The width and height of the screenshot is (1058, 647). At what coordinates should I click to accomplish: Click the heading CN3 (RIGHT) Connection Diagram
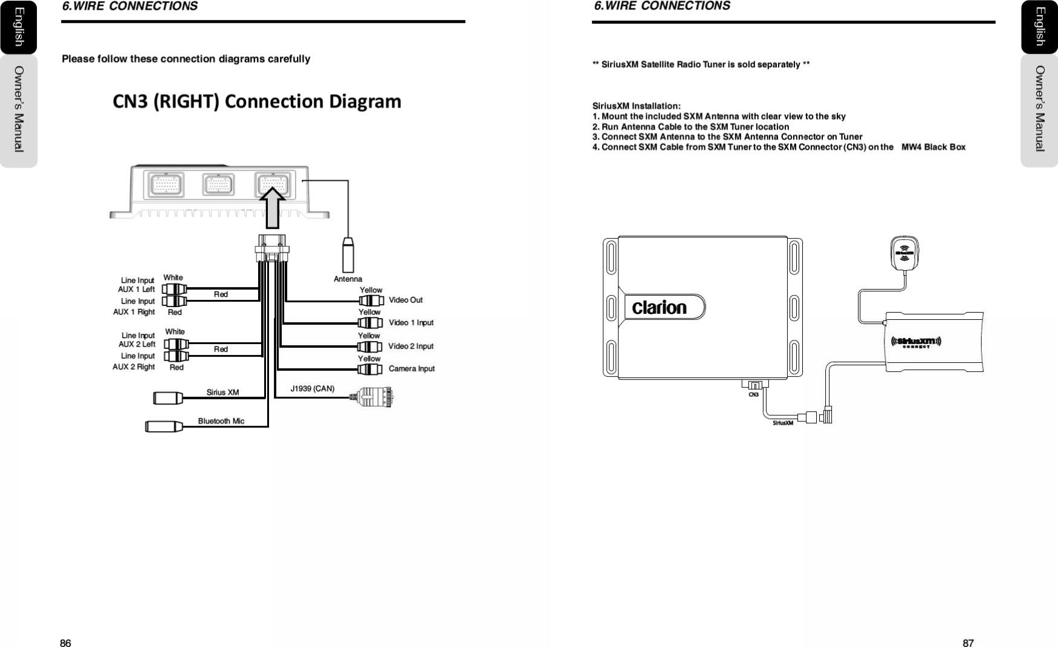[257, 101]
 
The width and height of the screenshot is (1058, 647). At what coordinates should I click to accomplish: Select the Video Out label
[406, 300]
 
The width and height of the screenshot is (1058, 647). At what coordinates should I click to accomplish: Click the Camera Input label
[411, 368]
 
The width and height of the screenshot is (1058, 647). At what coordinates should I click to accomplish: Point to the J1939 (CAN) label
[312, 388]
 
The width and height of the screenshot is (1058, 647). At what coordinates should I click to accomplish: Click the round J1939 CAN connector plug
[375, 397]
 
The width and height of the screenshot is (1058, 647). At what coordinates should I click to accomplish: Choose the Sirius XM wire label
[222, 392]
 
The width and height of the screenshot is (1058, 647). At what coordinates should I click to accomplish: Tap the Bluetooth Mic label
[221, 421]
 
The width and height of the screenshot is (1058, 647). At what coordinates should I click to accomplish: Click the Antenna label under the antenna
[348, 279]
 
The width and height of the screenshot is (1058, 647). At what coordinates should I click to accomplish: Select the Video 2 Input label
[411, 346]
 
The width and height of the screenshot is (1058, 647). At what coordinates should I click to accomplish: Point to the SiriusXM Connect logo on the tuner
[917, 342]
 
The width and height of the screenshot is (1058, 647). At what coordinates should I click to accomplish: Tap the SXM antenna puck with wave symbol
[905, 252]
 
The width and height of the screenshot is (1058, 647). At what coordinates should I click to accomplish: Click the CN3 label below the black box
[753, 394]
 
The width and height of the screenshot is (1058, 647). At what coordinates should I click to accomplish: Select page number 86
[65, 643]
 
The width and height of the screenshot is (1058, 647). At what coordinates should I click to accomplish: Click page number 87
[968, 643]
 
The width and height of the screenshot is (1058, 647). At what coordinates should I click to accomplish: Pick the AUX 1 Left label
[137, 289]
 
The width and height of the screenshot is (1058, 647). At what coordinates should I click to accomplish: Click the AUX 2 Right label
[134, 366]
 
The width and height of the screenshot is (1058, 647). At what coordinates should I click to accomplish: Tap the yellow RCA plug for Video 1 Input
[370, 323]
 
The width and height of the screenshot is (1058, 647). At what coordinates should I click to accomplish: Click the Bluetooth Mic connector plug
[164, 426]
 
